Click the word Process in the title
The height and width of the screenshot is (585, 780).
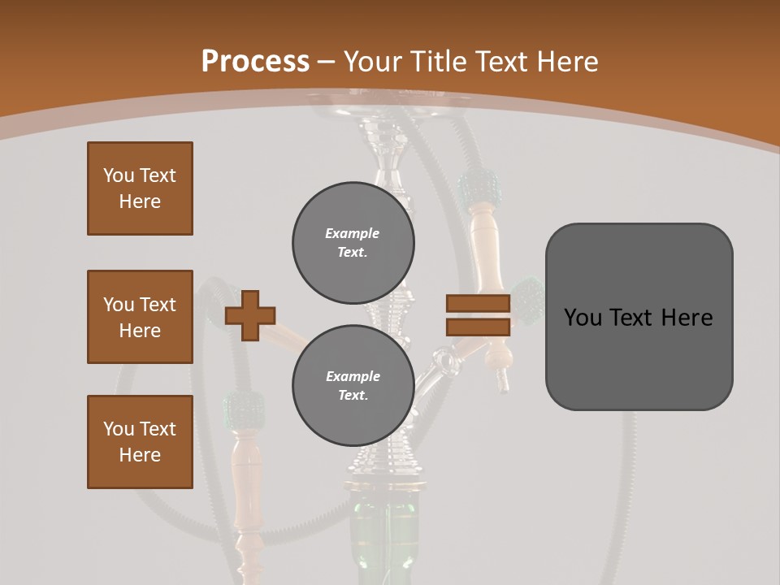click(x=255, y=62)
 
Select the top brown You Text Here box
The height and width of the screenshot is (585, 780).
click(x=140, y=188)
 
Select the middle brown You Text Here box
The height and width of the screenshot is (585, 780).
click(x=140, y=317)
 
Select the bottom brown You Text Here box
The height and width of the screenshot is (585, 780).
click(x=140, y=442)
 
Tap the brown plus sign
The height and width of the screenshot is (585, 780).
click(x=249, y=314)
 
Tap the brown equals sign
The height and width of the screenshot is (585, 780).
click(x=478, y=315)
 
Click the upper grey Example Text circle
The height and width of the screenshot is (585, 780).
click(x=353, y=243)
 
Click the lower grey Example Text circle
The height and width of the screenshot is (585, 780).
click(x=353, y=386)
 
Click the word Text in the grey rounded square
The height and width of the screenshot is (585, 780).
click(x=639, y=318)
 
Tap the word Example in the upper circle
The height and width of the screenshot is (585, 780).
click(x=352, y=233)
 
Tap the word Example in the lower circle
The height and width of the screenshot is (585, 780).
click(x=353, y=376)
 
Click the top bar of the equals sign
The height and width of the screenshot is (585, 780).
click(x=478, y=304)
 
